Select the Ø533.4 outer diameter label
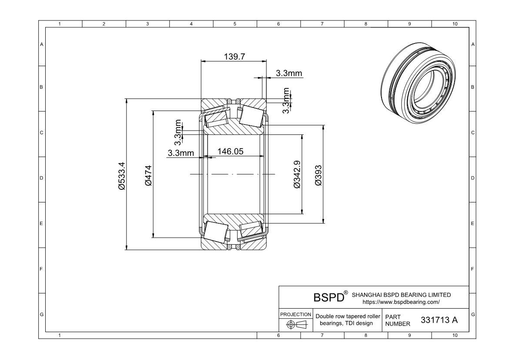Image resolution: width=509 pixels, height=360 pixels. coord(122,175)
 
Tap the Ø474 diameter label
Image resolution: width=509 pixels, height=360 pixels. coord(148,175)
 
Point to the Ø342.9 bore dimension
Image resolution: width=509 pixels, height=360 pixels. coord(297,175)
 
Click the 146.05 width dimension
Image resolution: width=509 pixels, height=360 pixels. coord(230,151)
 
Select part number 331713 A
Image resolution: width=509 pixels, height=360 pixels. coord(439,320)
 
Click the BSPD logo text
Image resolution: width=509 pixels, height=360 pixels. coord(328,298)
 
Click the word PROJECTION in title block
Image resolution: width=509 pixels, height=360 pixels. coord(295,314)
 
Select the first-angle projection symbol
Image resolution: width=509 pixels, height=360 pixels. coord(295,324)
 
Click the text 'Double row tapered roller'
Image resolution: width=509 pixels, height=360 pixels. coord(348,316)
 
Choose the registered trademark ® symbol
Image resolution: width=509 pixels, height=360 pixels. coord(346,293)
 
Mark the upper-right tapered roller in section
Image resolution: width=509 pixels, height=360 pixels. coord(251,115)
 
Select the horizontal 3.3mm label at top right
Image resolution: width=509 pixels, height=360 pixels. coord(289,74)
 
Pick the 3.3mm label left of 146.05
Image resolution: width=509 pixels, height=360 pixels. coord(180,153)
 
